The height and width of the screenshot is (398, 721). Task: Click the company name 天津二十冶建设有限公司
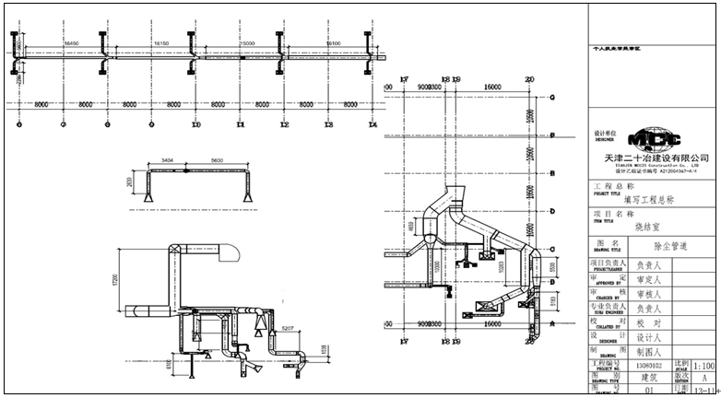click(x=654, y=158)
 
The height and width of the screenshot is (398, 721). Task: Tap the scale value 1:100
click(x=703, y=365)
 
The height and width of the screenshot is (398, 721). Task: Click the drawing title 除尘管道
click(x=670, y=246)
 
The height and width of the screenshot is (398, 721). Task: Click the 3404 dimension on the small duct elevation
click(x=167, y=160)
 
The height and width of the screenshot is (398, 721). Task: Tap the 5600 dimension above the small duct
click(x=216, y=160)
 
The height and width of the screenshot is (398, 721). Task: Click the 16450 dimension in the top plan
click(x=70, y=42)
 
